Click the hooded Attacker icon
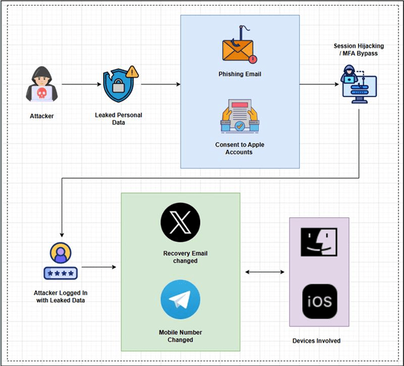(x=41, y=84)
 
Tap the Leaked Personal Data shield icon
(x=119, y=84)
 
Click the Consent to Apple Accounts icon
(x=239, y=117)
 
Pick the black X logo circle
(x=180, y=222)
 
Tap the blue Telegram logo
(x=180, y=300)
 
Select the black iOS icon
(x=319, y=301)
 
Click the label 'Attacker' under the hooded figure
(x=41, y=116)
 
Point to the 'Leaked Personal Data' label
(x=119, y=118)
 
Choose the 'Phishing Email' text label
(x=240, y=74)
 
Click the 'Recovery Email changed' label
(x=185, y=257)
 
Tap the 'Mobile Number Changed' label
(x=180, y=336)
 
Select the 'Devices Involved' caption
(x=317, y=341)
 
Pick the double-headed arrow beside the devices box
(x=265, y=272)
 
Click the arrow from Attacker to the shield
(x=79, y=84)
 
